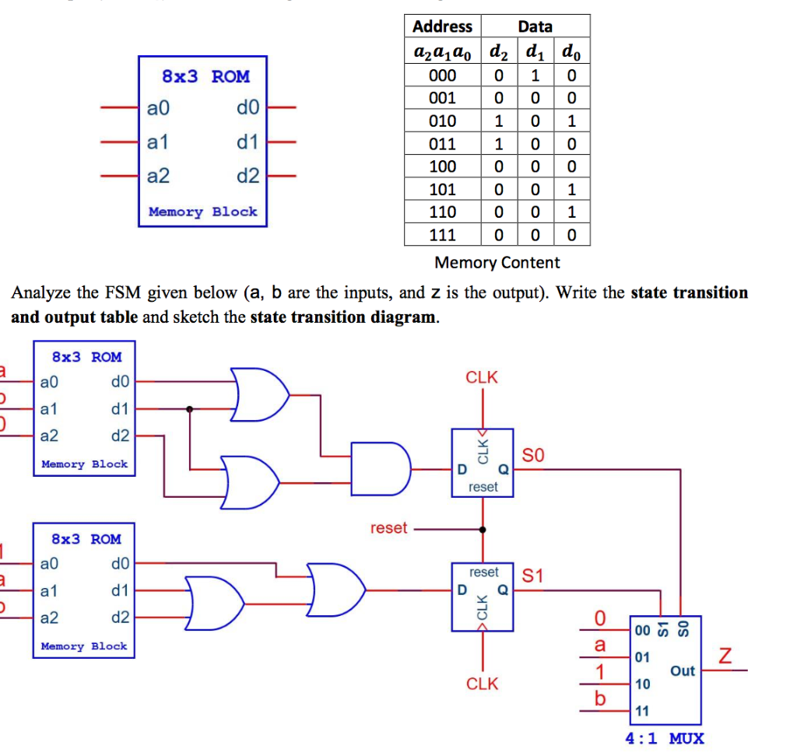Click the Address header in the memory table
coord(442,26)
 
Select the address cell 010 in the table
coord(442,121)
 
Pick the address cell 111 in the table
coord(442,235)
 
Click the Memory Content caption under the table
coord(497,263)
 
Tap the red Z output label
coord(725,657)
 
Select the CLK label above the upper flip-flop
coord(482,377)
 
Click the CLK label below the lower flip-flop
coord(482,684)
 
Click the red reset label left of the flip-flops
coord(388,528)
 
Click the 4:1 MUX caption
coord(665,738)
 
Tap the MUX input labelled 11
coord(641,711)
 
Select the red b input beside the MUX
coord(599,699)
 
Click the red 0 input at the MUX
coord(599,618)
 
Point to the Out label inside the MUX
coord(682,670)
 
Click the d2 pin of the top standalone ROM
coord(248,177)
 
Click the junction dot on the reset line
coord(483,530)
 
